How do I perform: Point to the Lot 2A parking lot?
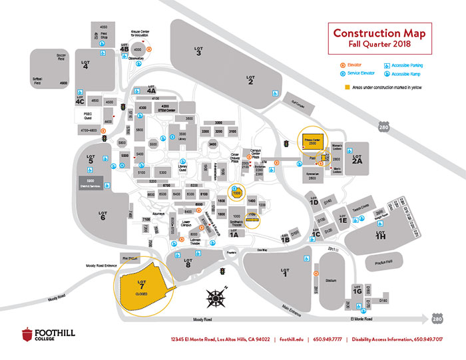pyautogui.click(x=357, y=159)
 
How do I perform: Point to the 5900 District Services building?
pyautogui.click(x=95, y=181)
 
